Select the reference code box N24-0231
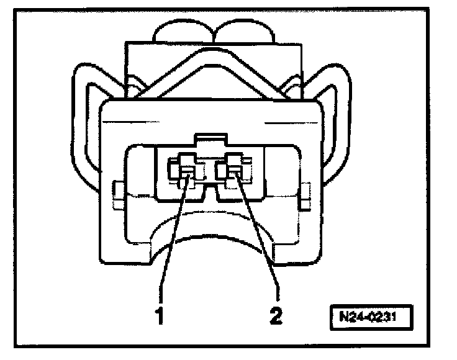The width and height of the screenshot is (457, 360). pos(371,317)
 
